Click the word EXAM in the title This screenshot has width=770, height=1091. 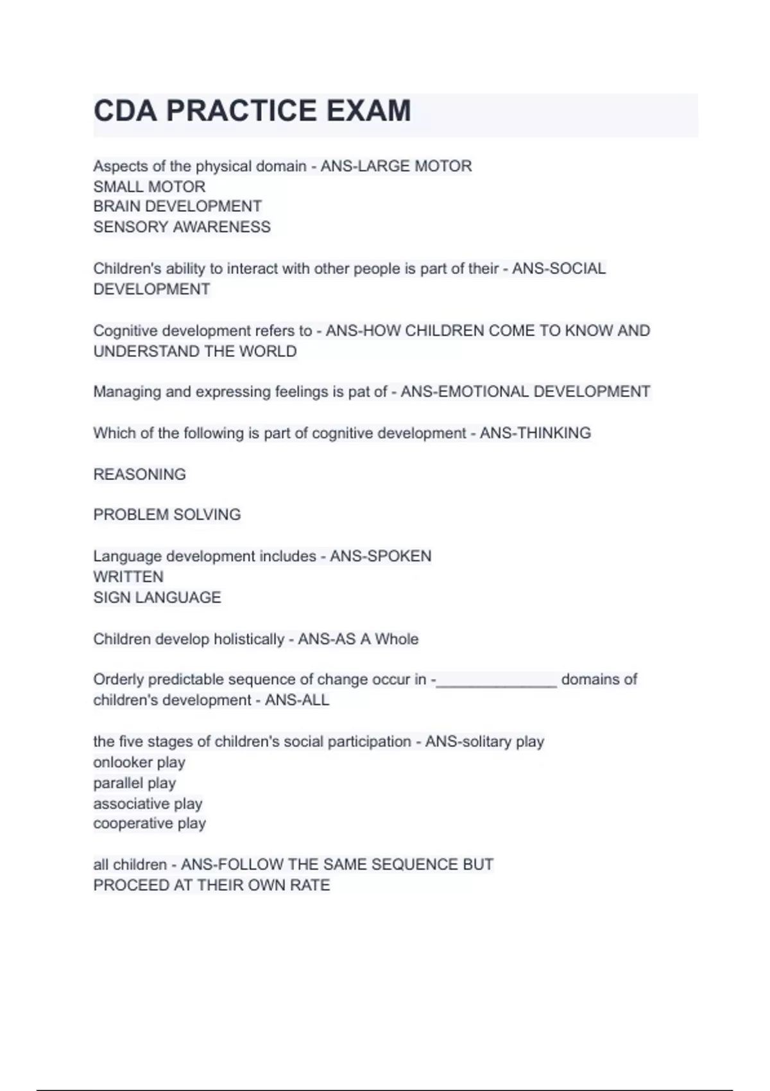[368, 110]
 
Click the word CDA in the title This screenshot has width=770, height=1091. [125, 110]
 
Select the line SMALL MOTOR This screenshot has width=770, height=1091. [149, 187]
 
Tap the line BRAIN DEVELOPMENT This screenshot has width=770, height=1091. [177, 207]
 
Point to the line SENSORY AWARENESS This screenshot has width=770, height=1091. [182, 227]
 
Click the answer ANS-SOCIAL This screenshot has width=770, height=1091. [558, 268]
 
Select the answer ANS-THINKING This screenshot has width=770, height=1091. [535, 433]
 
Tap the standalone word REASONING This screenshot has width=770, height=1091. [139, 474]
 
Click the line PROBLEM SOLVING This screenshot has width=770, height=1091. [167, 515]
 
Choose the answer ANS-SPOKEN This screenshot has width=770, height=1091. [381, 556]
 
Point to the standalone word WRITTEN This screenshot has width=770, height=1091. [128, 576]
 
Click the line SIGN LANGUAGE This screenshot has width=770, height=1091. [157, 597]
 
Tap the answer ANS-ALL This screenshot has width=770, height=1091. [297, 700]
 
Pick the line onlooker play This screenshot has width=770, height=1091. [139, 762]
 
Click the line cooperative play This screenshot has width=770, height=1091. [150, 823]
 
